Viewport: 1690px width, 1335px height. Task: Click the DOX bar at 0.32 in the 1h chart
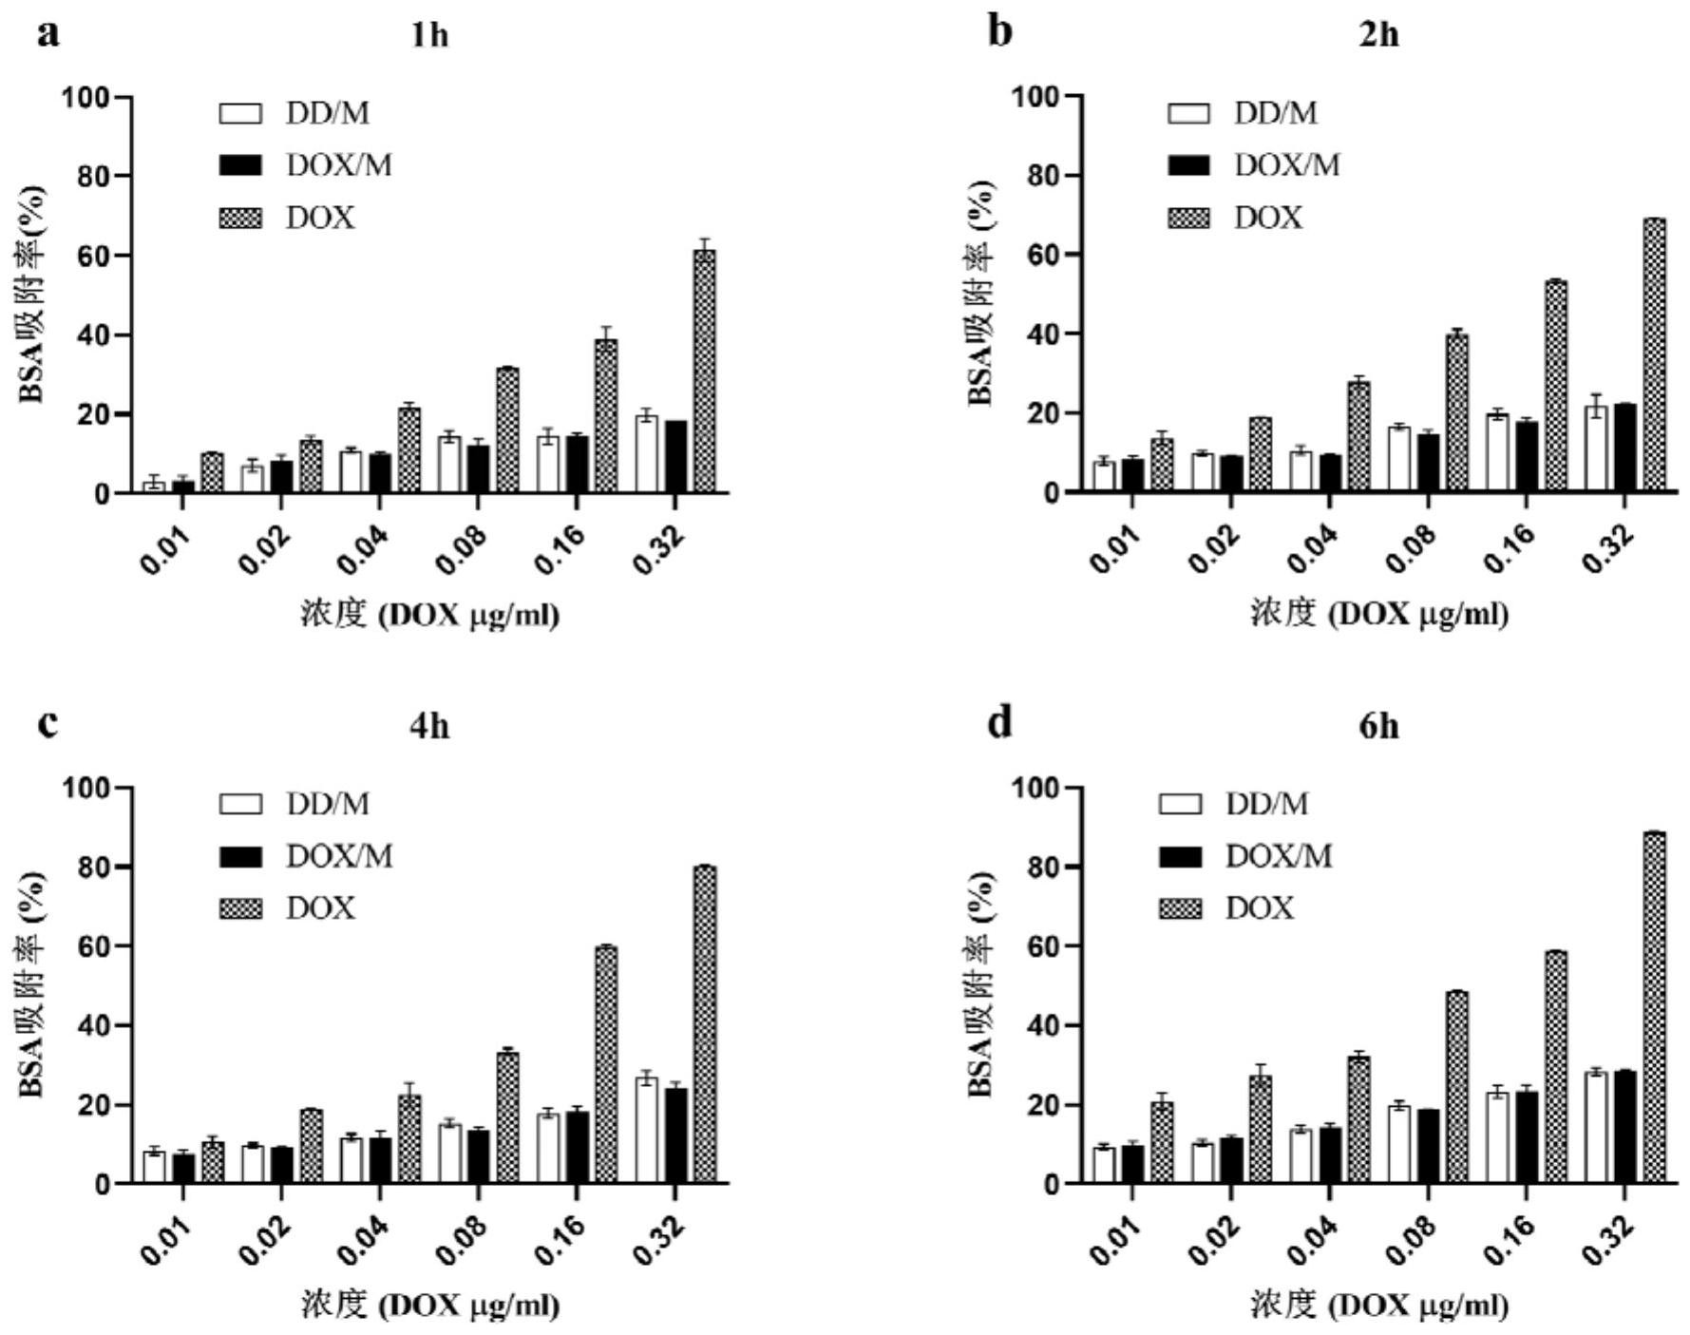[x=704, y=372]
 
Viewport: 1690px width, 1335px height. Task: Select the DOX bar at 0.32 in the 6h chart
[x=1654, y=1008]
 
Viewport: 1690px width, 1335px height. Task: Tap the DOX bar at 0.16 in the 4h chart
[x=606, y=1065]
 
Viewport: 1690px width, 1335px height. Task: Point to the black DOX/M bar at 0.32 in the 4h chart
[x=675, y=1136]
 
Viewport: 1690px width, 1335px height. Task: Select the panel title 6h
[x=1378, y=727]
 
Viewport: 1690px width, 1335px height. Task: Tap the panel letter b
[x=1000, y=33]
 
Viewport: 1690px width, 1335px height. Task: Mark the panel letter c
[x=48, y=724]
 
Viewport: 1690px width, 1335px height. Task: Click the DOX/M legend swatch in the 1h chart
[x=240, y=166]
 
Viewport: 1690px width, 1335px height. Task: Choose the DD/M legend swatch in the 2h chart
[x=1188, y=114]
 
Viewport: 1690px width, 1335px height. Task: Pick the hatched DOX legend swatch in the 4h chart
[x=240, y=909]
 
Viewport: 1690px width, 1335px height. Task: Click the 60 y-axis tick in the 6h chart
[x=1045, y=946]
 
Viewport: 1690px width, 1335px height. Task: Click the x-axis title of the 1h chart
[x=429, y=615]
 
